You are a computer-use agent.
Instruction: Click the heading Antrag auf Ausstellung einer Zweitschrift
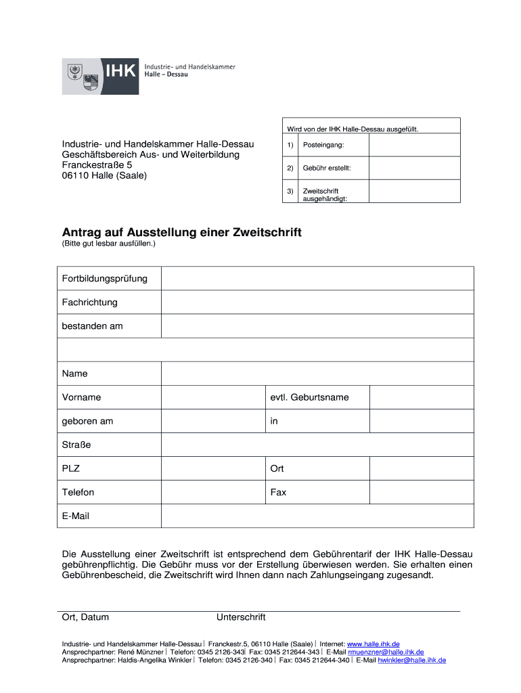point(181,233)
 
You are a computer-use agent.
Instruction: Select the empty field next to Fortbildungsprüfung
point(317,278)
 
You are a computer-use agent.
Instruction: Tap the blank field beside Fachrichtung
point(317,302)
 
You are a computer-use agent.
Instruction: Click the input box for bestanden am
point(317,326)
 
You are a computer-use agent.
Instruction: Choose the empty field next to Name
point(317,374)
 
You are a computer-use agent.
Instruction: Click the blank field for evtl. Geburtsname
point(421,397)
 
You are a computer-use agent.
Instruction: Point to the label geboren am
point(87,421)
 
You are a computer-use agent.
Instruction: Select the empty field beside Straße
point(317,445)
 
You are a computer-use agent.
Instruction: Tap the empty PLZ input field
point(212,468)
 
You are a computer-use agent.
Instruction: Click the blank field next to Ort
point(421,468)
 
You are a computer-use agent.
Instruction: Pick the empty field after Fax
point(421,492)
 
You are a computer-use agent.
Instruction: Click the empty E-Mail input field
point(317,516)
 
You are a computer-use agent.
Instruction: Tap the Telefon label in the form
point(78,492)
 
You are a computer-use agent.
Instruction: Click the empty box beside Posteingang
point(414,146)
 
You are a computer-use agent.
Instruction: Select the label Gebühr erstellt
point(326,168)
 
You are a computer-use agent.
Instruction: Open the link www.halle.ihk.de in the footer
point(373,644)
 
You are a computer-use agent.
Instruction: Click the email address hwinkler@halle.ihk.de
point(411,660)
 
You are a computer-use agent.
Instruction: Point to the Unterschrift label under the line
point(241,617)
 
